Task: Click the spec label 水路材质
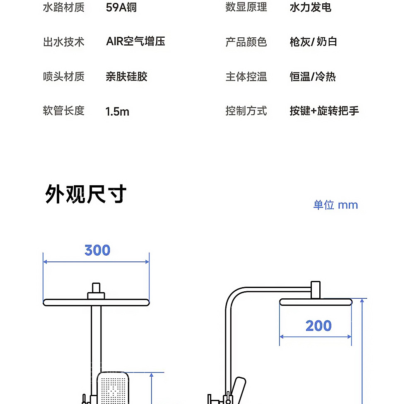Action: point(63,7)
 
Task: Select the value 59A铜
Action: point(121,7)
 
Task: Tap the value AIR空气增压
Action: point(135,41)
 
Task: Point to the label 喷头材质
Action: point(63,77)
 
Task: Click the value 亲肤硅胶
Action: point(126,77)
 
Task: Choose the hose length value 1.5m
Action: point(117,111)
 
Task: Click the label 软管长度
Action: point(63,111)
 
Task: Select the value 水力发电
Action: point(311,7)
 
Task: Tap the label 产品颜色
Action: point(246,42)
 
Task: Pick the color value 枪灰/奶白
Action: point(313,42)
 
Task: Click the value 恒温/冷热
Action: point(313,77)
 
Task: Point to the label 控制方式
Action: point(246,111)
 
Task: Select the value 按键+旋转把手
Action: point(324,111)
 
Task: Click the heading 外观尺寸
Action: point(86,194)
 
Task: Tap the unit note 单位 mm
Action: point(335,205)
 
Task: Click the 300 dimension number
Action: point(97,250)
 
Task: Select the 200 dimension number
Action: point(318,326)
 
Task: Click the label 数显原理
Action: point(246,7)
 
